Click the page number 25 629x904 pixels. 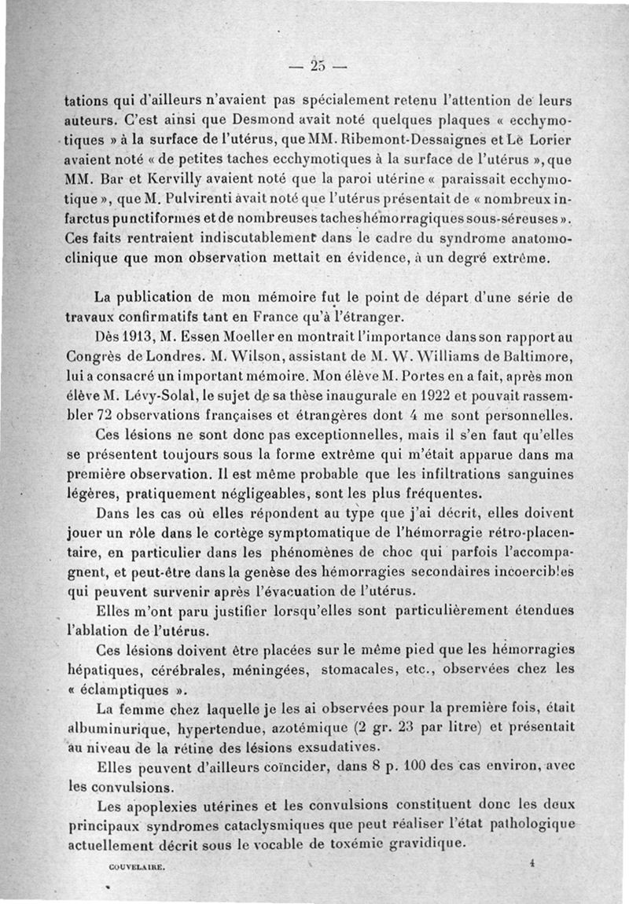pos(318,65)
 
